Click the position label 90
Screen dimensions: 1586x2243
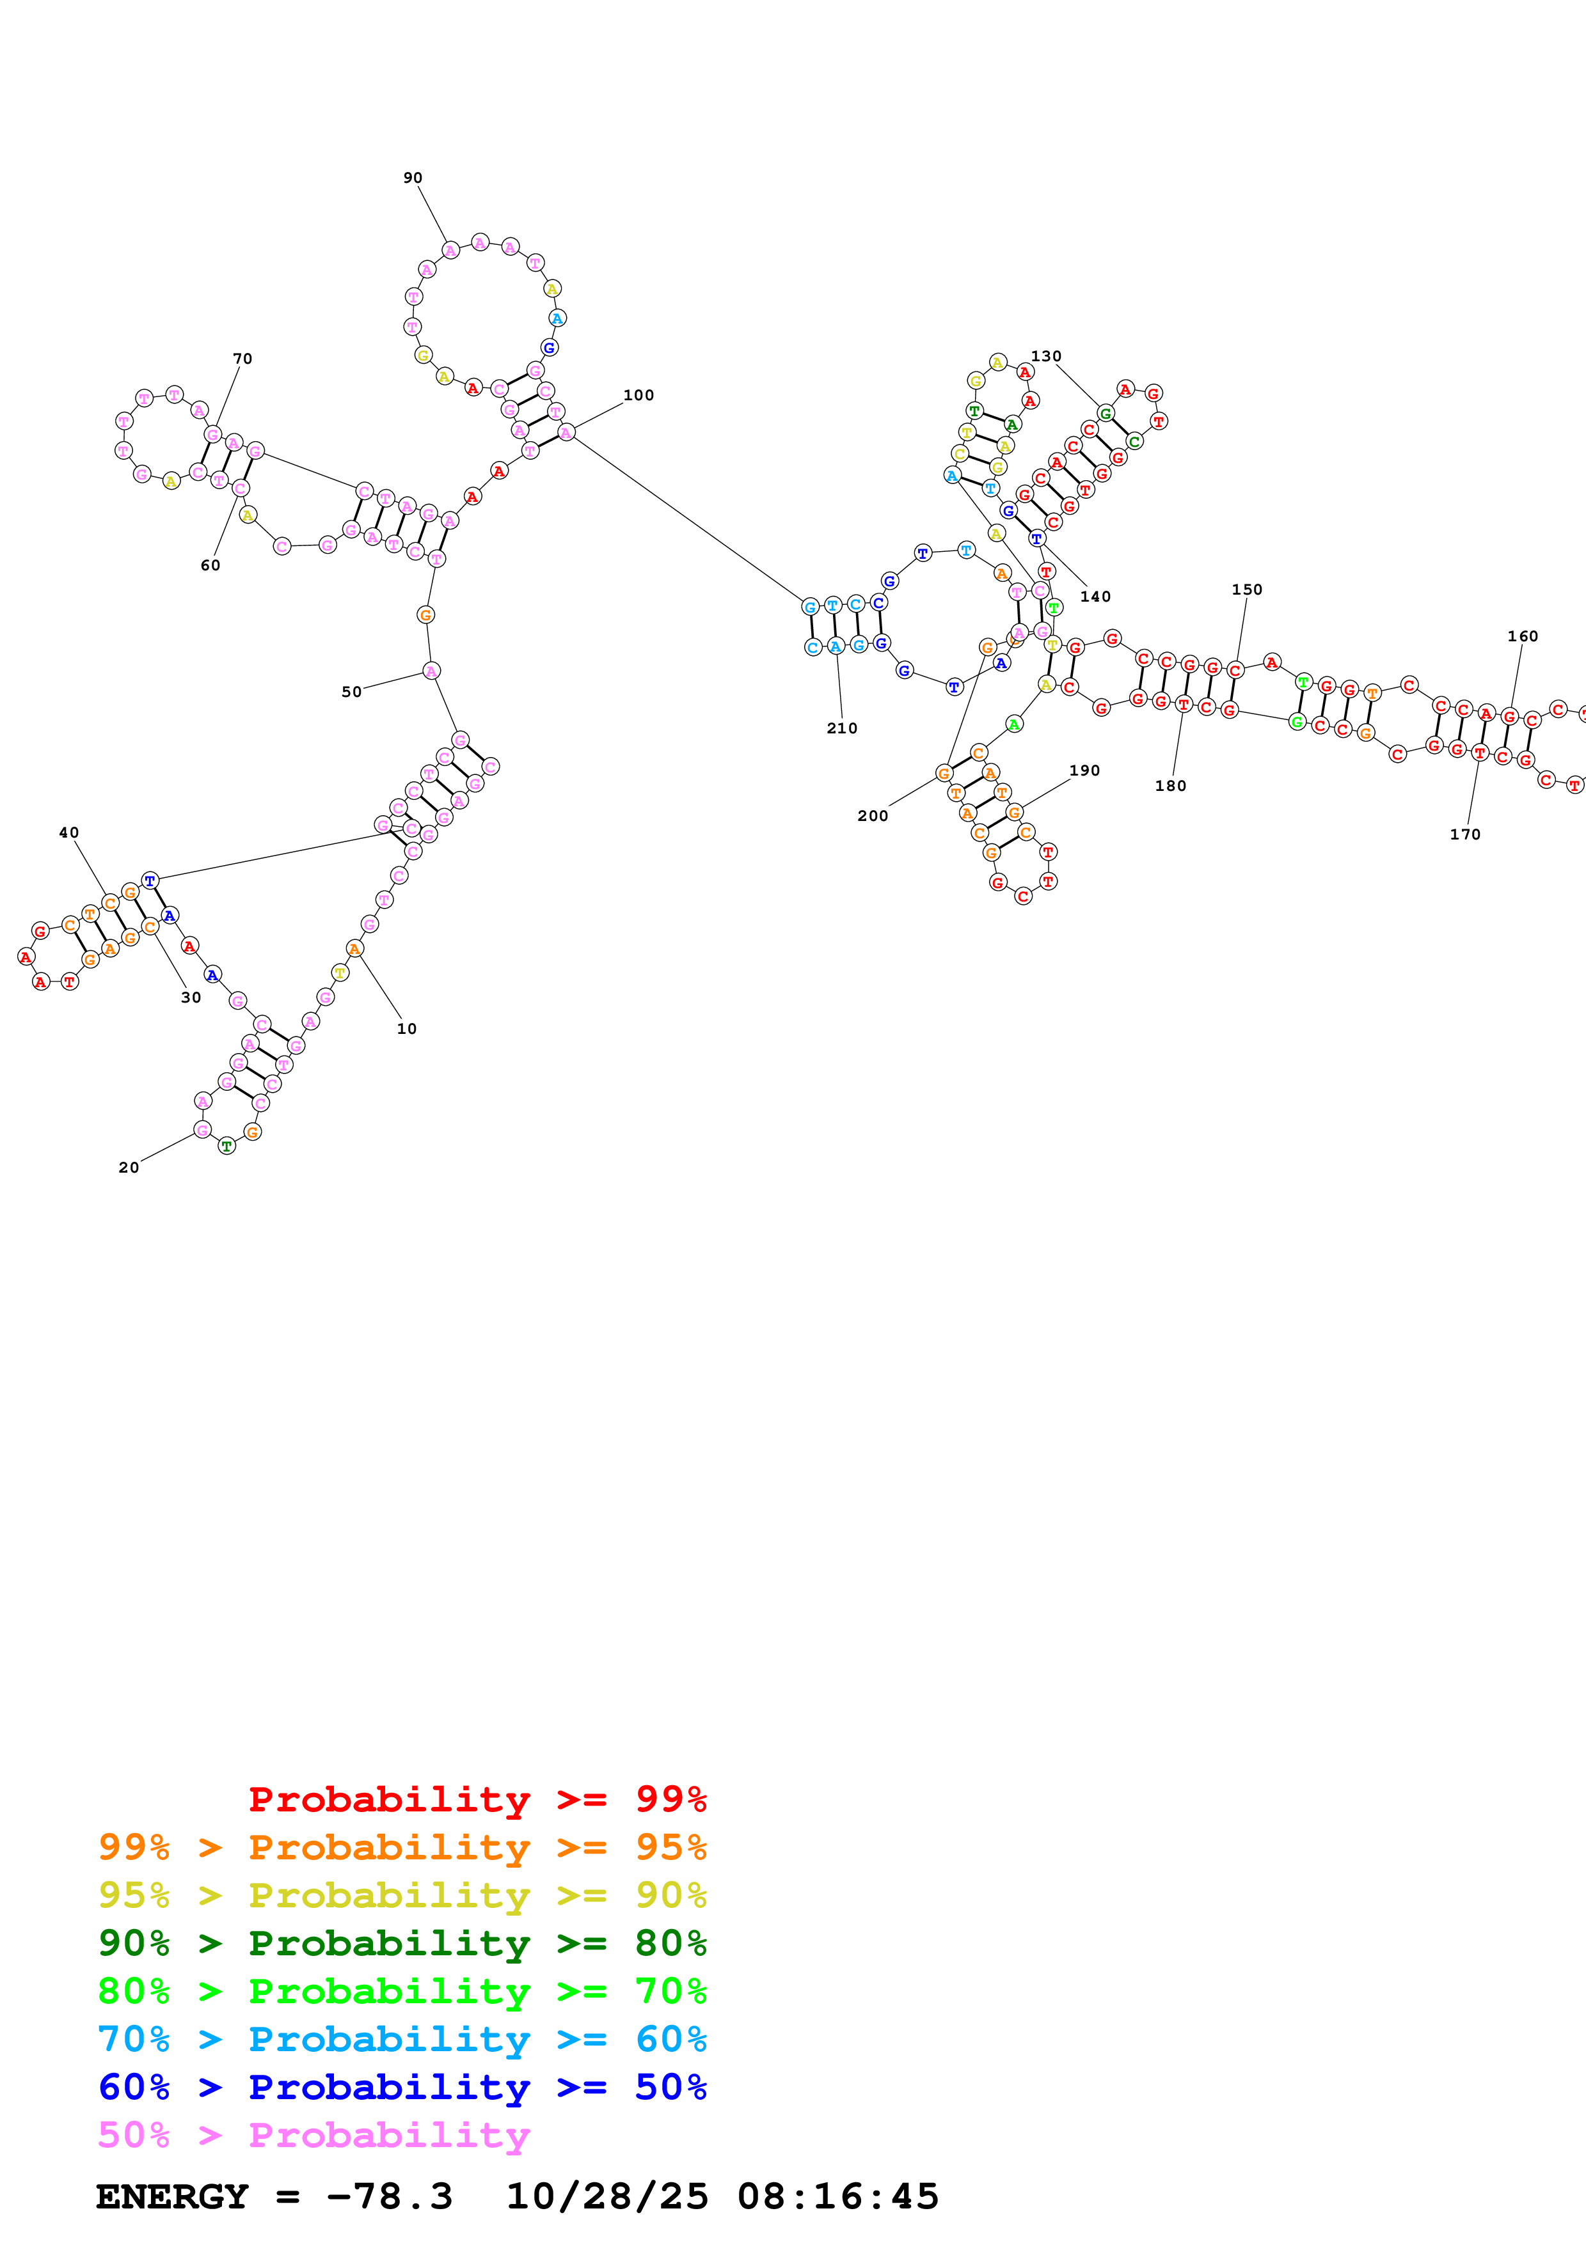click(413, 178)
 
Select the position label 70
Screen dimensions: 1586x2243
click(242, 359)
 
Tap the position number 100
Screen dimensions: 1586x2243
click(638, 395)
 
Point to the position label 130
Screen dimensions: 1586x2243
click(1045, 356)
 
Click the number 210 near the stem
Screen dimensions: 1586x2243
click(841, 728)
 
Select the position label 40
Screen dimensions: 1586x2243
click(68, 832)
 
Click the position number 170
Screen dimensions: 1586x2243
click(1465, 834)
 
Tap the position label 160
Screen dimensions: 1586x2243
click(1523, 636)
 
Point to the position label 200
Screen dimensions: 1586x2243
click(873, 816)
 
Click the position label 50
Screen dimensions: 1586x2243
click(351, 692)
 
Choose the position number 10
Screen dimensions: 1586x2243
click(406, 1029)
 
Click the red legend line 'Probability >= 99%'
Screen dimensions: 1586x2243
click(477, 1799)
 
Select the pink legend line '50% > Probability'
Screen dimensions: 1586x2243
click(313, 2134)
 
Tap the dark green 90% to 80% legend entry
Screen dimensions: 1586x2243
click(402, 1943)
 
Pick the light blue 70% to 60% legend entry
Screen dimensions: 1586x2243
click(402, 2039)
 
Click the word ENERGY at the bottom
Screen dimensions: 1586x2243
click(172, 2196)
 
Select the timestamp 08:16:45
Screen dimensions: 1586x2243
click(837, 2196)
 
